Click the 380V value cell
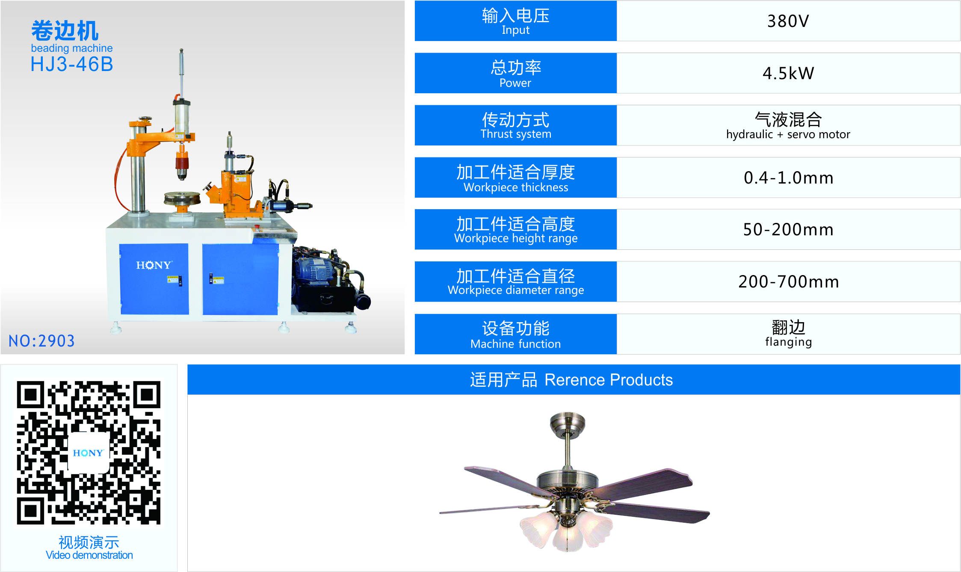[788, 21]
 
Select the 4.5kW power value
[788, 73]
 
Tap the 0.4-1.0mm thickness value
[788, 178]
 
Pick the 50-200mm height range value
[788, 230]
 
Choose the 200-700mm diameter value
[788, 282]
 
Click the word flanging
[788, 342]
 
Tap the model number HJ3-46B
[72, 65]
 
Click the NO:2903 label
[41, 341]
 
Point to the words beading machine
[72, 48]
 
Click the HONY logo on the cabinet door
[154, 265]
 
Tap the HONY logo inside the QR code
[88, 453]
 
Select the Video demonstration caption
[89, 555]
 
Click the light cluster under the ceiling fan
[567, 529]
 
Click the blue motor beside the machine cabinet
[316, 270]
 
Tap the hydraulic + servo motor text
[788, 134]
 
